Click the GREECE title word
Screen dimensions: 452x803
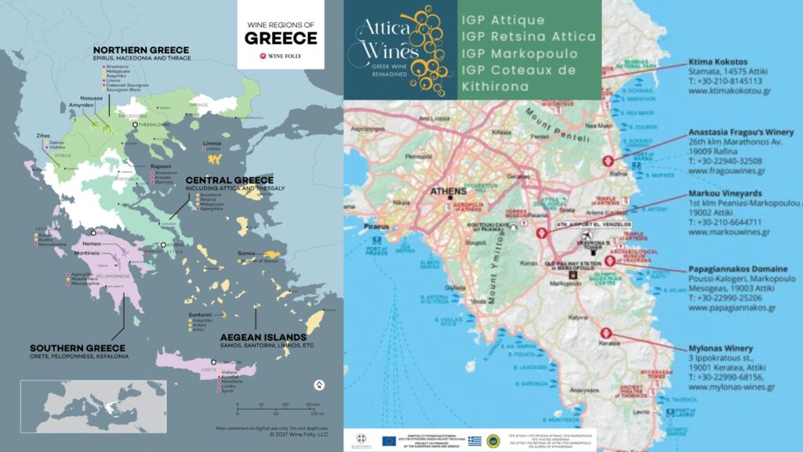point(281,38)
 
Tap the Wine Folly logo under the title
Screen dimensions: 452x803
point(281,56)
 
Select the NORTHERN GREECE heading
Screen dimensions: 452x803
point(146,49)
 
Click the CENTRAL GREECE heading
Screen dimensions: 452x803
point(229,180)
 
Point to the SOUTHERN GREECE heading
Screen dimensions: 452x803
point(77,348)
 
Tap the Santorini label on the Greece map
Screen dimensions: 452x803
point(200,315)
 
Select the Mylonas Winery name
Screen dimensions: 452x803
point(720,348)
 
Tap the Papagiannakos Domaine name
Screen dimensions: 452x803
point(737,268)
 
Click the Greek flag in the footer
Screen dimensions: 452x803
point(474,440)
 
